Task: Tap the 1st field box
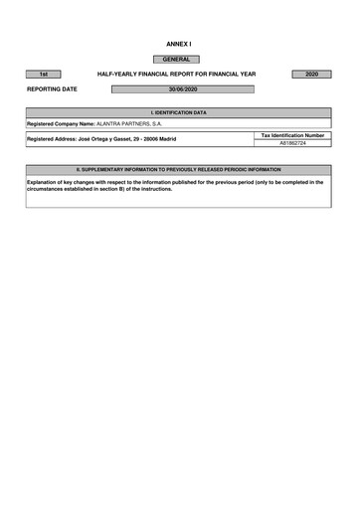pos(44,75)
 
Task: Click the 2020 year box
pos(311,75)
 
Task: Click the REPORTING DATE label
pos(52,89)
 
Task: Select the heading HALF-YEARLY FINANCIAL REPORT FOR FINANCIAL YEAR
pos(176,75)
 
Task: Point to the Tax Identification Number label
pos(292,134)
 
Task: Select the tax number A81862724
pos(292,143)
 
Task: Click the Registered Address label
pos(51,139)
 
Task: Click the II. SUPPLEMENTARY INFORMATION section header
pos(179,170)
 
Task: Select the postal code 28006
pos(142,139)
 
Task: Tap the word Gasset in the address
pos(114,139)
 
